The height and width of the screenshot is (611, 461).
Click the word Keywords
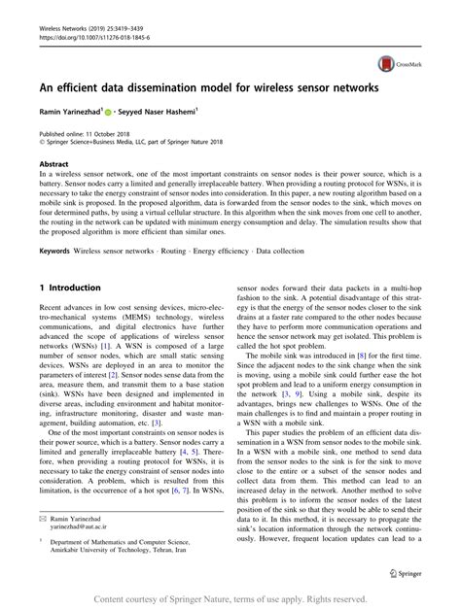pos(55,251)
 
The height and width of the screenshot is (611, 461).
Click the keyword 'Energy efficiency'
pos(221,251)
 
